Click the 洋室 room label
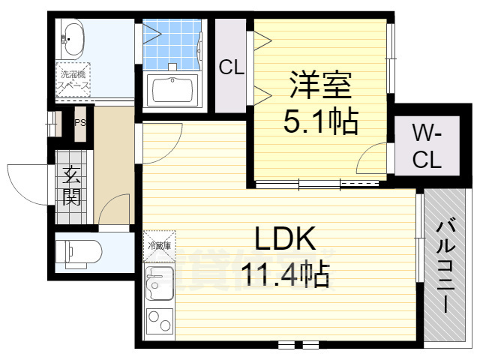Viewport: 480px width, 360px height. coord(320,85)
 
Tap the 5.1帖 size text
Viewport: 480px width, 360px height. coord(320,120)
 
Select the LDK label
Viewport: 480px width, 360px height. coord(283,239)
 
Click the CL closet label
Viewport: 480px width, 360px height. coord(232,67)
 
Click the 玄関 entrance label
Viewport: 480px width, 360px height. coord(72,187)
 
